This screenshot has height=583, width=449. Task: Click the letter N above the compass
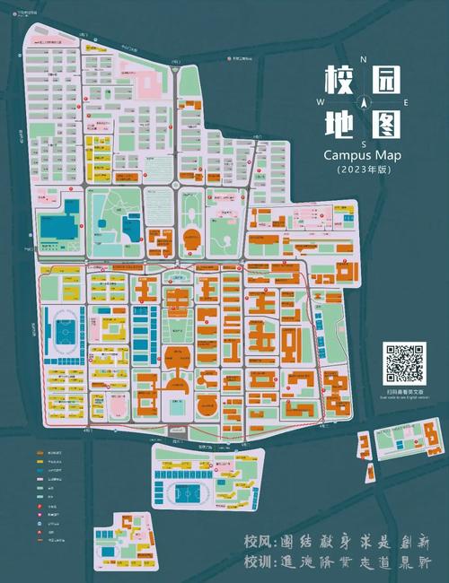(363, 60)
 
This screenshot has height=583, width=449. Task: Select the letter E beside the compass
(405, 102)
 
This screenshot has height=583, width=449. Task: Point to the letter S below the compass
(364, 144)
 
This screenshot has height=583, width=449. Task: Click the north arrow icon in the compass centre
(364, 102)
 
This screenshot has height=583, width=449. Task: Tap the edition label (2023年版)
(363, 169)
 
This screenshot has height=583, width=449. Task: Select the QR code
(403, 363)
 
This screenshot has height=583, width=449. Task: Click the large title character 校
(336, 82)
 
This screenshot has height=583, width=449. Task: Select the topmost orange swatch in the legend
(41, 456)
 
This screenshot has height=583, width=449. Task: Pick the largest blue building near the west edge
(59, 223)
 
